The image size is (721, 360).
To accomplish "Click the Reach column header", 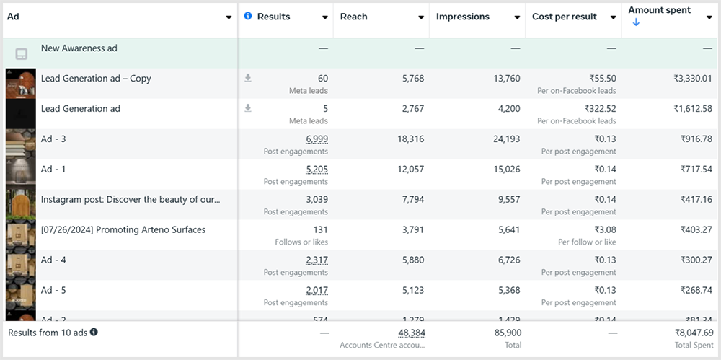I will point(354,17).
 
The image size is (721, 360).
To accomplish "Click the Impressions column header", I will point(463,17).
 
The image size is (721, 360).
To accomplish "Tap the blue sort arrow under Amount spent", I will point(636,23).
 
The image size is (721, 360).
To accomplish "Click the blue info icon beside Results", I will point(248,16).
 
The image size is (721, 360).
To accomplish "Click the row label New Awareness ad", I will point(79,48).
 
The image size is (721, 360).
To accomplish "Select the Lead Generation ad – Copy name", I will point(96,79).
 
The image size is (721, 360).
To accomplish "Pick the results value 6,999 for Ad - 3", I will point(317,139).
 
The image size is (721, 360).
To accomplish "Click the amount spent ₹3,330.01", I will point(693,79).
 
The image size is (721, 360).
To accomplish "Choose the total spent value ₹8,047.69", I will point(694,333).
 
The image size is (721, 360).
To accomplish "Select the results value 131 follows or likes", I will point(319,230).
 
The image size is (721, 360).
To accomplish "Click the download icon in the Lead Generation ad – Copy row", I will point(248,78).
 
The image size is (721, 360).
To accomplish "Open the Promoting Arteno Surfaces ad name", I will point(123,230).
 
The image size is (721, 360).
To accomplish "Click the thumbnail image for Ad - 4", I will point(20,265).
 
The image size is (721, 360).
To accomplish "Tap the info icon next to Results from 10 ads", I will point(94,333).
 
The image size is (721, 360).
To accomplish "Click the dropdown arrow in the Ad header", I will point(229,17).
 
